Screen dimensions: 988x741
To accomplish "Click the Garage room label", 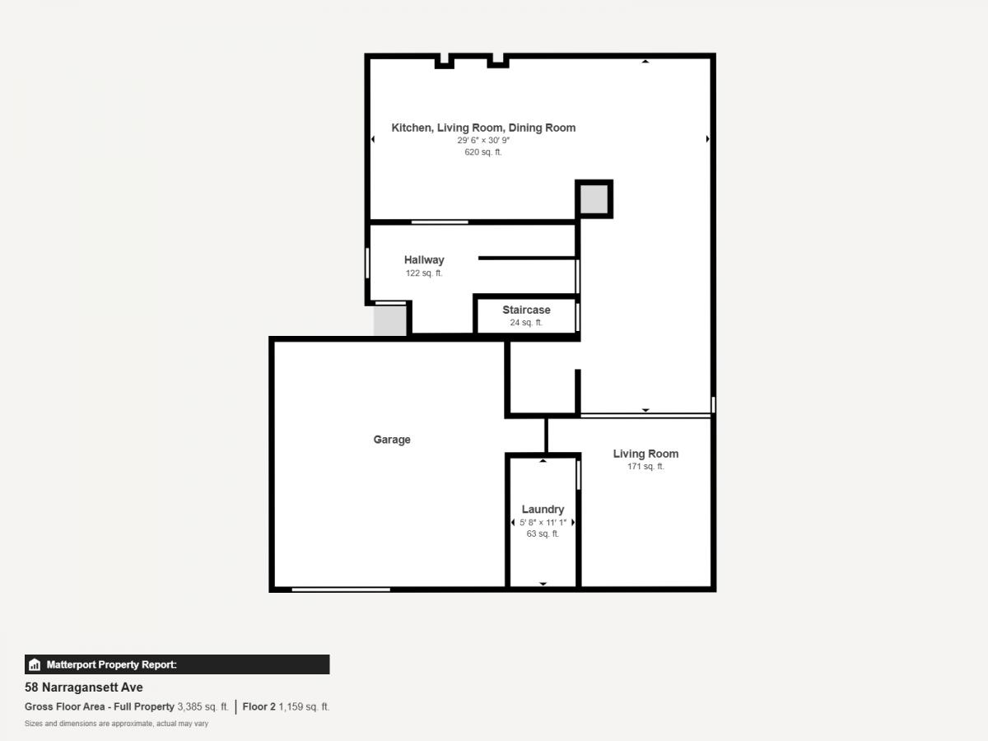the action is pos(392,440).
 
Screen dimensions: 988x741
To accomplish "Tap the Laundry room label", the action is pos(543,510).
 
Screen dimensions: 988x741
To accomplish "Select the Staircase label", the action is pos(526,310).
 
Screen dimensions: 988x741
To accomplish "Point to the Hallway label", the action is pos(424,260).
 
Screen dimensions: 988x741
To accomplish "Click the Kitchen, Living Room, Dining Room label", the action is pos(483,128).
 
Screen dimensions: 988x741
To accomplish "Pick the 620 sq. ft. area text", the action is pos(483,152).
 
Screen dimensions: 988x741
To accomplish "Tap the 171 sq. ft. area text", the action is pos(645,467).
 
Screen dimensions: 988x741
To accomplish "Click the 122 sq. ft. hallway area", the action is pos(424,273).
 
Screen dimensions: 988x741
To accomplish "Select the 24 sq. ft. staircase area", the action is pos(526,323).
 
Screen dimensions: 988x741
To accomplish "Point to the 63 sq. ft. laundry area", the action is pos(543,534).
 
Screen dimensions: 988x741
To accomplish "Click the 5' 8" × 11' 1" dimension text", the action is pos(543,522).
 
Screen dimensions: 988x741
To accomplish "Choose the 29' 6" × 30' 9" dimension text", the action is pos(483,140).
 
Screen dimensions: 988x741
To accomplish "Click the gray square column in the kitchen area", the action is pos(594,199).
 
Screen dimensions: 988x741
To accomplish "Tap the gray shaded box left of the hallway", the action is pos(389,320).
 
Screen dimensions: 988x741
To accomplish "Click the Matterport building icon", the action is pos(35,664).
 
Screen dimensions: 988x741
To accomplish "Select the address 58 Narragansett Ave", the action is pos(84,687).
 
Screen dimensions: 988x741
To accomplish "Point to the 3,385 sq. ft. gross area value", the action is pos(203,706).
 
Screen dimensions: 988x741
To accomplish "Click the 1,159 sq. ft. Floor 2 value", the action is pos(304,706).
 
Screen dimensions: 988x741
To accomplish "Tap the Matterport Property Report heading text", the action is pos(112,664).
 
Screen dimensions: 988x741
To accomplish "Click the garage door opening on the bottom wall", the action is pos(341,590).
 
